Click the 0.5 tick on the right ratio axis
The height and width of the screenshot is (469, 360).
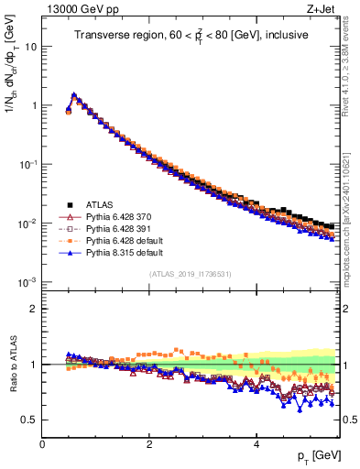(x=349, y=420)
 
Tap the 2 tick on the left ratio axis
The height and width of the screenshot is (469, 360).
(x=34, y=309)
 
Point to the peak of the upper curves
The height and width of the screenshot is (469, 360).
(x=73, y=94)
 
